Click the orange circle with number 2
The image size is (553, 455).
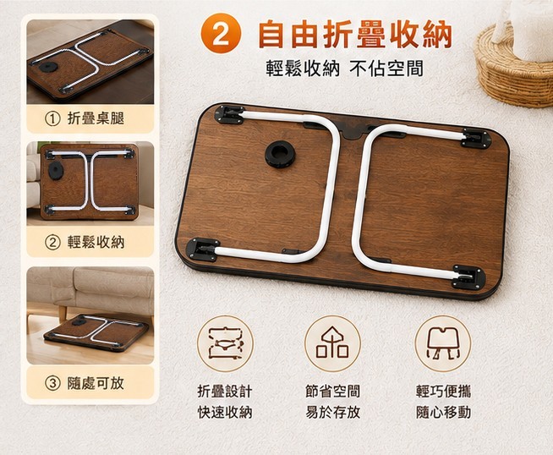[x=221, y=34]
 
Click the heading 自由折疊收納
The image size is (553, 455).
[x=355, y=34]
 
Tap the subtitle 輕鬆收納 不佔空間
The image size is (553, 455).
[x=344, y=69]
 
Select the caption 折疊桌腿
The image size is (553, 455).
[x=96, y=118]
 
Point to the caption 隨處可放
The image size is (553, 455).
[x=96, y=383]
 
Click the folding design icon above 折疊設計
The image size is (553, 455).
[x=225, y=343]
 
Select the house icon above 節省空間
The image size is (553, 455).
[x=332, y=343]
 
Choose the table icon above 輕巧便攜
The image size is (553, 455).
[x=442, y=343]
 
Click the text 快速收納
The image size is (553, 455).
[x=225, y=412]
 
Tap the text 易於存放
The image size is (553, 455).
[x=332, y=412]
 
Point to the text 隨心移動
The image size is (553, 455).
[x=443, y=412]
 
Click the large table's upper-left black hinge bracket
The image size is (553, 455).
[x=231, y=115]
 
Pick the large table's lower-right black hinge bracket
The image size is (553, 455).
[x=468, y=277]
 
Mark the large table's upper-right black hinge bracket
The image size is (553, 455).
[x=476, y=138]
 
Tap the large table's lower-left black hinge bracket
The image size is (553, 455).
[x=202, y=249]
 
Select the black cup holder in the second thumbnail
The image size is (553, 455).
[x=55, y=171]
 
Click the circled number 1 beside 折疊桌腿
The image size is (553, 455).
[x=52, y=119]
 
